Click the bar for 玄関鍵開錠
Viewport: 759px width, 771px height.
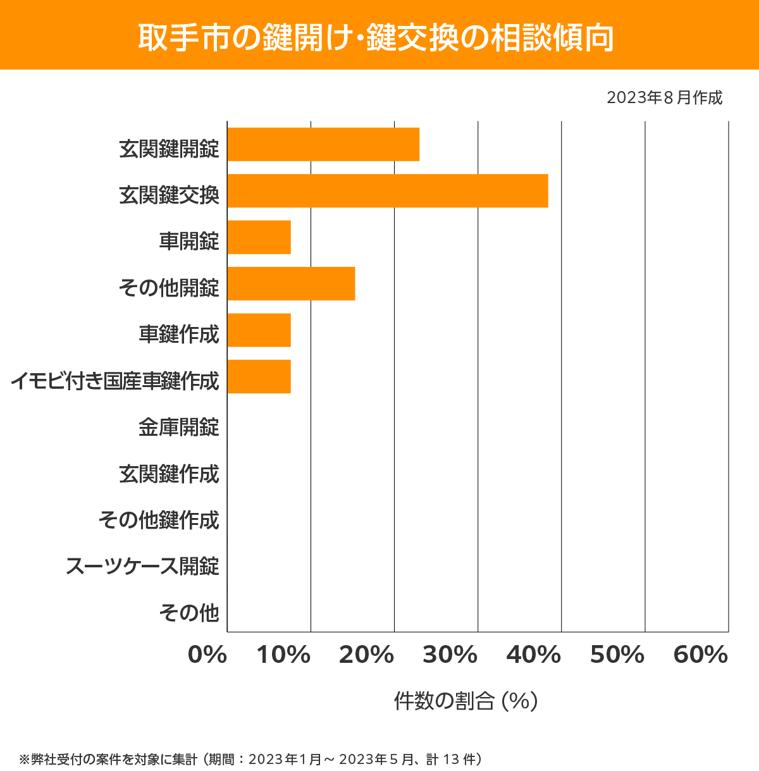click(x=323, y=144)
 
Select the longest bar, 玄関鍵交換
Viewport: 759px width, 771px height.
click(x=388, y=190)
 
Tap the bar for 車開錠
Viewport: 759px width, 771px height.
click(x=259, y=237)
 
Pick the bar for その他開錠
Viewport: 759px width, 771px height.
click(x=291, y=283)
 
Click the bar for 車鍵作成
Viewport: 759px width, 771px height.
click(x=259, y=330)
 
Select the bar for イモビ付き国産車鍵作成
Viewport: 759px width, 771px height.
click(x=259, y=376)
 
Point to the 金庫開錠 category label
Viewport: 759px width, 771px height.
click(x=179, y=428)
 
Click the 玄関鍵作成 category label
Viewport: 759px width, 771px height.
click(x=169, y=474)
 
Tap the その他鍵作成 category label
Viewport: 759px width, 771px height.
click(x=159, y=520)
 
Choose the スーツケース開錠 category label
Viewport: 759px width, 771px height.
click(x=142, y=566)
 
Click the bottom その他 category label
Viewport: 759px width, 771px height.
click(x=189, y=612)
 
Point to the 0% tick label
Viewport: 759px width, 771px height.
click(x=207, y=655)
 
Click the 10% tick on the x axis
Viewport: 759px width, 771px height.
click(x=283, y=655)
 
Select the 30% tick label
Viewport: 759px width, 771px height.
click(x=450, y=655)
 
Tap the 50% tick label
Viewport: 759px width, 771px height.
click(x=617, y=655)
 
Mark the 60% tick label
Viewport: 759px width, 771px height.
click(x=701, y=655)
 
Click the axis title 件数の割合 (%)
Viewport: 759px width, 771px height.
click(x=466, y=701)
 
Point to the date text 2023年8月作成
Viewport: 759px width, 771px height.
click(x=664, y=98)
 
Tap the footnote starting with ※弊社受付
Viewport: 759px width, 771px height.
click(x=251, y=759)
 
